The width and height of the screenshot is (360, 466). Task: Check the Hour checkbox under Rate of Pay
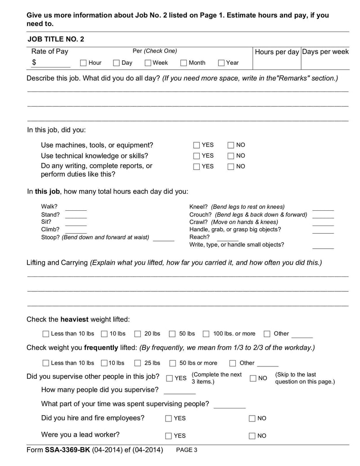pyautogui.click(x=83, y=63)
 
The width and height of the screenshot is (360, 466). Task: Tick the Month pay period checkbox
pyautogui.click(x=184, y=63)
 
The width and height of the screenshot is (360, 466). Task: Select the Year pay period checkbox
pyautogui.click(x=221, y=63)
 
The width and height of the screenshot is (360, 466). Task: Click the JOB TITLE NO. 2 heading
pyautogui.click(x=56, y=39)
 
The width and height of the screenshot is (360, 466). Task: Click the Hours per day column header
pyautogui.click(x=277, y=52)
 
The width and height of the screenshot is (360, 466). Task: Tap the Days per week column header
pyautogui.click(x=325, y=52)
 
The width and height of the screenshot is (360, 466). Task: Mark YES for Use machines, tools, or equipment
pyautogui.click(x=197, y=145)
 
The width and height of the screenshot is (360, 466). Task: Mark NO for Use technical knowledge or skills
pyautogui.click(x=231, y=156)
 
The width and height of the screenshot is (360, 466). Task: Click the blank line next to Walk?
pyautogui.click(x=76, y=208)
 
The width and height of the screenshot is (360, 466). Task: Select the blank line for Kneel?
pyautogui.click(x=323, y=208)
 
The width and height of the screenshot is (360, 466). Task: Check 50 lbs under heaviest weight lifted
pyautogui.click(x=172, y=334)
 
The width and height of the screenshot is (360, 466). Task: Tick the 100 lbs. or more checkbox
pyautogui.click(x=206, y=334)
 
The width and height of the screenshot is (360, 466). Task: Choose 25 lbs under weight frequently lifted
pyautogui.click(x=138, y=363)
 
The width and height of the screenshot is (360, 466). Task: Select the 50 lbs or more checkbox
pyautogui.click(x=173, y=363)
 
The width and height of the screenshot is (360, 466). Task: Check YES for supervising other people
pyautogui.click(x=169, y=378)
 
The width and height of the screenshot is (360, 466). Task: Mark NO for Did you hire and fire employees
pyautogui.click(x=252, y=419)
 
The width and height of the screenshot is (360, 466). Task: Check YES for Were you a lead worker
pyautogui.click(x=169, y=436)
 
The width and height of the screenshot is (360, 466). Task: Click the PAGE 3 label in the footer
pyautogui.click(x=186, y=450)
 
